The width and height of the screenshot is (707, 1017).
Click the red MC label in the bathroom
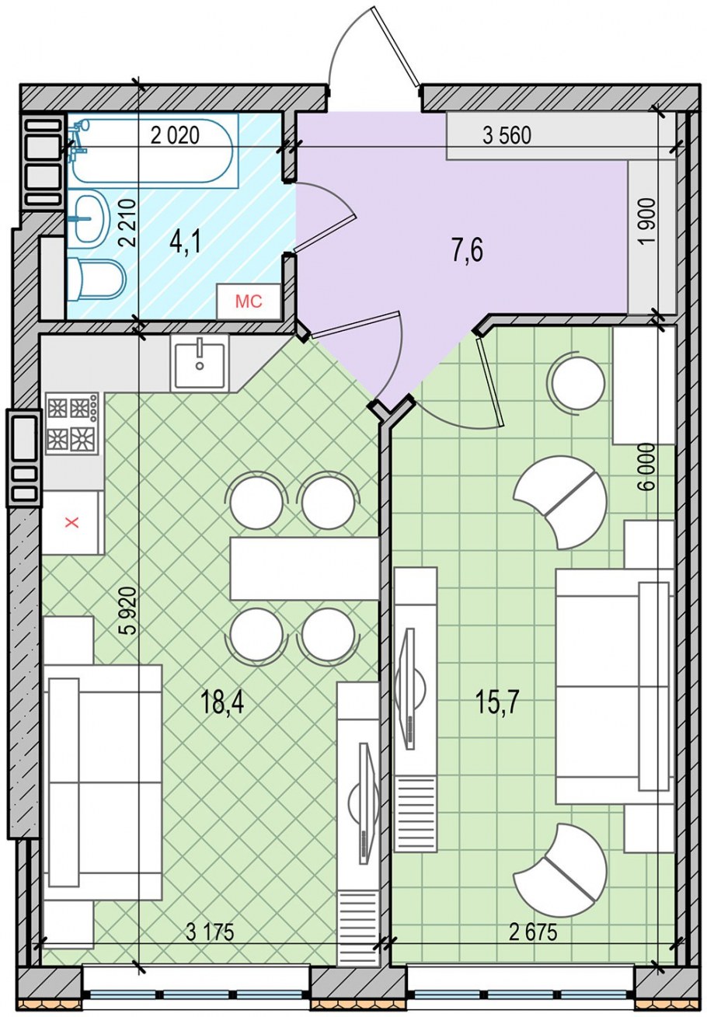(249, 301)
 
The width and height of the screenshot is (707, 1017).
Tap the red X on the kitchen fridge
(71, 523)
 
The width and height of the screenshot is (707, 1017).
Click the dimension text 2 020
(175, 136)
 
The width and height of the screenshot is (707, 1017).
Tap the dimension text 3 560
(507, 136)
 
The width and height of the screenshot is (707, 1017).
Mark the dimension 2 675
(533, 942)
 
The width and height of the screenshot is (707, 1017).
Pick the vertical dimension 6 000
(647, 467)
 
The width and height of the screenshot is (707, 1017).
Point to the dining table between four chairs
(305, 568)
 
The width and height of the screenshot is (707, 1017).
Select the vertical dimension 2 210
(128, 222)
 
